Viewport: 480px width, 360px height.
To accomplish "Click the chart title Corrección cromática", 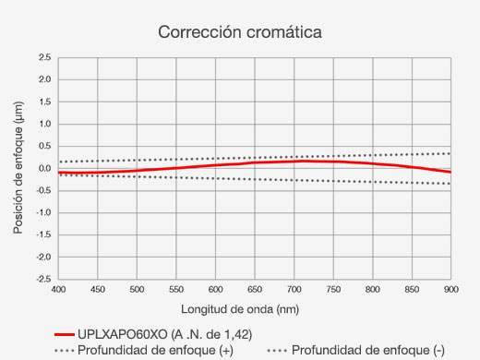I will (239, 31).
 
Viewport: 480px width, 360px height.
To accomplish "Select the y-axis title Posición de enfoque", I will (18, 168).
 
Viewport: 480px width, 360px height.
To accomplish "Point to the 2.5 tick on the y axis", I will (43, 57).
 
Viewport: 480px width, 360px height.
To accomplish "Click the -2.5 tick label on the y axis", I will (42, 279).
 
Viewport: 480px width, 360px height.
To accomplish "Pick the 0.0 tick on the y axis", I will (43, 168).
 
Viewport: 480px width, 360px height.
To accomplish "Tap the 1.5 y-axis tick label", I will (43, 102).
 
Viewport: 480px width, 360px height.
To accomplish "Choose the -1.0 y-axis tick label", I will (42, 212).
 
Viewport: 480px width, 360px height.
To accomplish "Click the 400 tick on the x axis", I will (58, 290).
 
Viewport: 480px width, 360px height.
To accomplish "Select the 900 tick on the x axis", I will (450, 290).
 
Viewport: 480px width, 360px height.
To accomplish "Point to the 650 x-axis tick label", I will (255, 290).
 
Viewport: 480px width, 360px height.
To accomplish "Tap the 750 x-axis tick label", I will (333, 290).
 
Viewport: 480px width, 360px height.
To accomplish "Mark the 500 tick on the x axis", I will (137, 290).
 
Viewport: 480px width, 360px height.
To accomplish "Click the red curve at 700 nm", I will (294, 161).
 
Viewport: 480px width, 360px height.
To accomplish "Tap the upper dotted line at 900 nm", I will (450, 153).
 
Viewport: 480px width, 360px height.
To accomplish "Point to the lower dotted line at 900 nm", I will (450, 184).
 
